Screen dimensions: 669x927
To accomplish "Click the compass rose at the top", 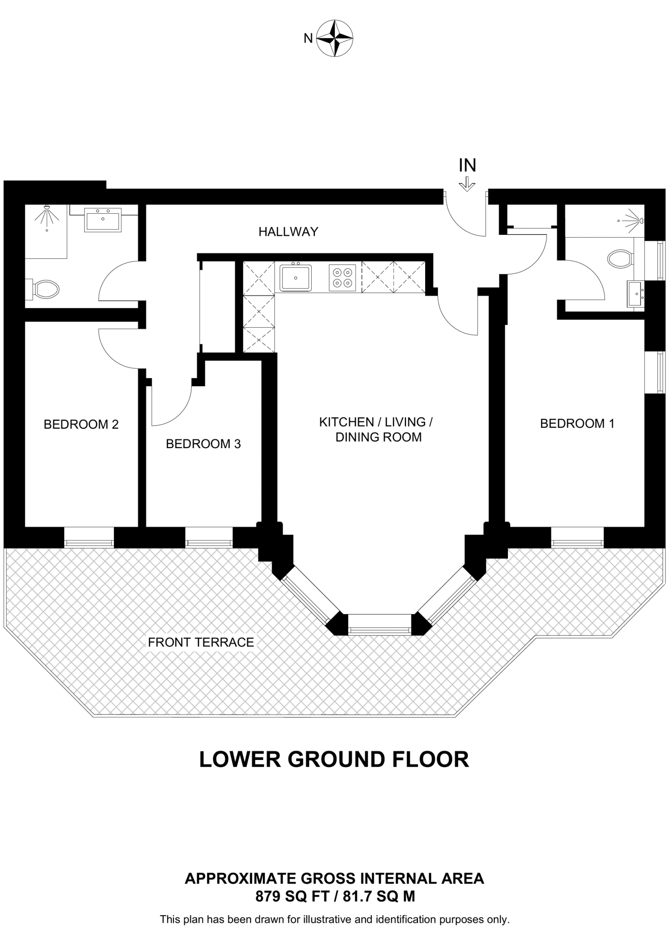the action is (334, 38).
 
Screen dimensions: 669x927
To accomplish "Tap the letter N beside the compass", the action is (308, 38).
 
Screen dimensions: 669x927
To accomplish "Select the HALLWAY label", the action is (288, 232).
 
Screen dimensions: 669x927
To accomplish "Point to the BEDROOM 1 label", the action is (577, 424).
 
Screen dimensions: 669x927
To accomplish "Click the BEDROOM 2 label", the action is (81, 425).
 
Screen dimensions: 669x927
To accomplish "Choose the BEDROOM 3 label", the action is (203, 444).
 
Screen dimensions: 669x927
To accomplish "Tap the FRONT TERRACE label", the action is (201, 642).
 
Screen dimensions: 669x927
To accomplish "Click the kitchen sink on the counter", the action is (296, 277).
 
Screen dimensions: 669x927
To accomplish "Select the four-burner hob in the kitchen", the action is (342, 278).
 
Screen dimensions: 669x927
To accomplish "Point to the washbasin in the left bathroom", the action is (103, 220).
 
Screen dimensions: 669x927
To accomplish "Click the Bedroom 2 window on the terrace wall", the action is (89, 537).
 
